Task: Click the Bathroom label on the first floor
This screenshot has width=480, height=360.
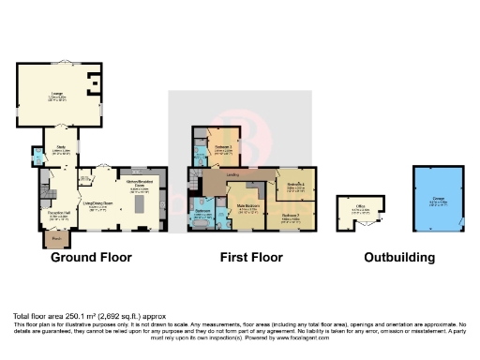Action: coord(202,213)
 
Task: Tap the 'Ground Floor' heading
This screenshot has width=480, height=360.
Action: coord(91,257)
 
